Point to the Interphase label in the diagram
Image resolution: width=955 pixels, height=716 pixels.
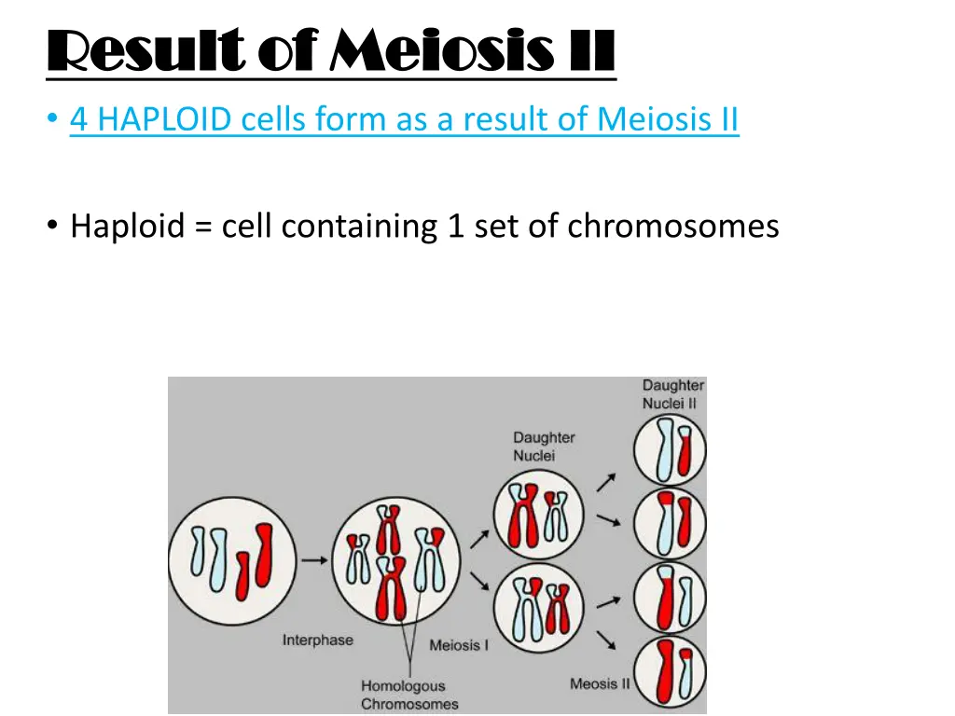[x=318, y=640]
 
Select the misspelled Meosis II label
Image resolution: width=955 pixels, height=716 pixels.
[x=600, y=684]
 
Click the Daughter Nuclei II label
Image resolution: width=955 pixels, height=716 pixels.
[x=673, y=394]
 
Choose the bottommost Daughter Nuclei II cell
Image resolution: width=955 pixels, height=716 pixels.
[x=670, y=669]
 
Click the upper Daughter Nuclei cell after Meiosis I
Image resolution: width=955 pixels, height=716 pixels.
[x=539, y=516]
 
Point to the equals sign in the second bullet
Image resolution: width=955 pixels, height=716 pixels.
[x=203, y=226]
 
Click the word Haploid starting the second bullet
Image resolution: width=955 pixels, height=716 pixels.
[x=128, y=226]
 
